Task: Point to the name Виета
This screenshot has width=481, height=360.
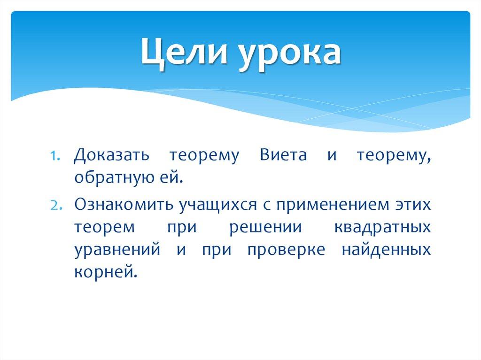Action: pyautogui.click(x=281, y=156)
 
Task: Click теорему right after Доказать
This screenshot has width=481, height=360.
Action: pyautogui.click(x=204, y=157)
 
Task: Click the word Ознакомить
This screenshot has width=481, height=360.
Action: pyautogui.click(x=123, y=204)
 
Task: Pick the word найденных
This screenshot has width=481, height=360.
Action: pyautogui.click(x=387, y=250)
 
